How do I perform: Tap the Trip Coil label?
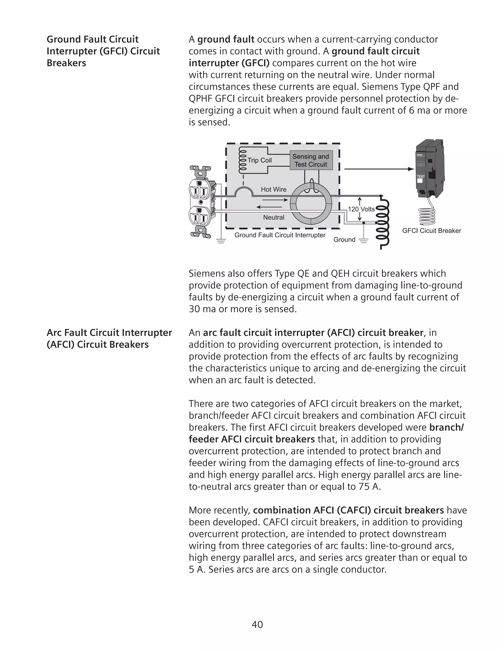(260, 160)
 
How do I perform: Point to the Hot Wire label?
(274, 189)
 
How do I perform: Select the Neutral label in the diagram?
(274, 217)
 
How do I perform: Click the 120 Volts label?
(361, 209)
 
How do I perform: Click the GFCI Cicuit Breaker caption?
(431, 231)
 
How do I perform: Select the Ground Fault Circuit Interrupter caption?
(280, 235)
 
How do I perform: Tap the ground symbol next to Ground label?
(363, 241)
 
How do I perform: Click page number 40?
(257, 624)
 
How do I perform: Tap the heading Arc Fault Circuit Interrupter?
(109, 333)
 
